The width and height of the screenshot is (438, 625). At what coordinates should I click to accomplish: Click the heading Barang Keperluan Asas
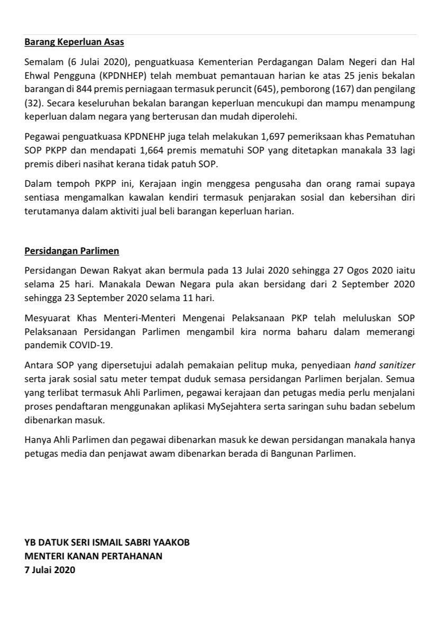click(x=74, y=41)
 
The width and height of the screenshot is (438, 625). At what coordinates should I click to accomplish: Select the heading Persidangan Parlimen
click(x=71, y=250)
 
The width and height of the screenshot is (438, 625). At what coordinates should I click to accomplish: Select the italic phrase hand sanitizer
click(x=385, y=365)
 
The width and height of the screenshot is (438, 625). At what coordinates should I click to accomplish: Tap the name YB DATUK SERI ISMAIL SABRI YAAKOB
click(x=107, y=542)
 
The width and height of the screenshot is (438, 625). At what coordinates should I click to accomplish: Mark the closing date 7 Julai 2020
click(x=50, y=570)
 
